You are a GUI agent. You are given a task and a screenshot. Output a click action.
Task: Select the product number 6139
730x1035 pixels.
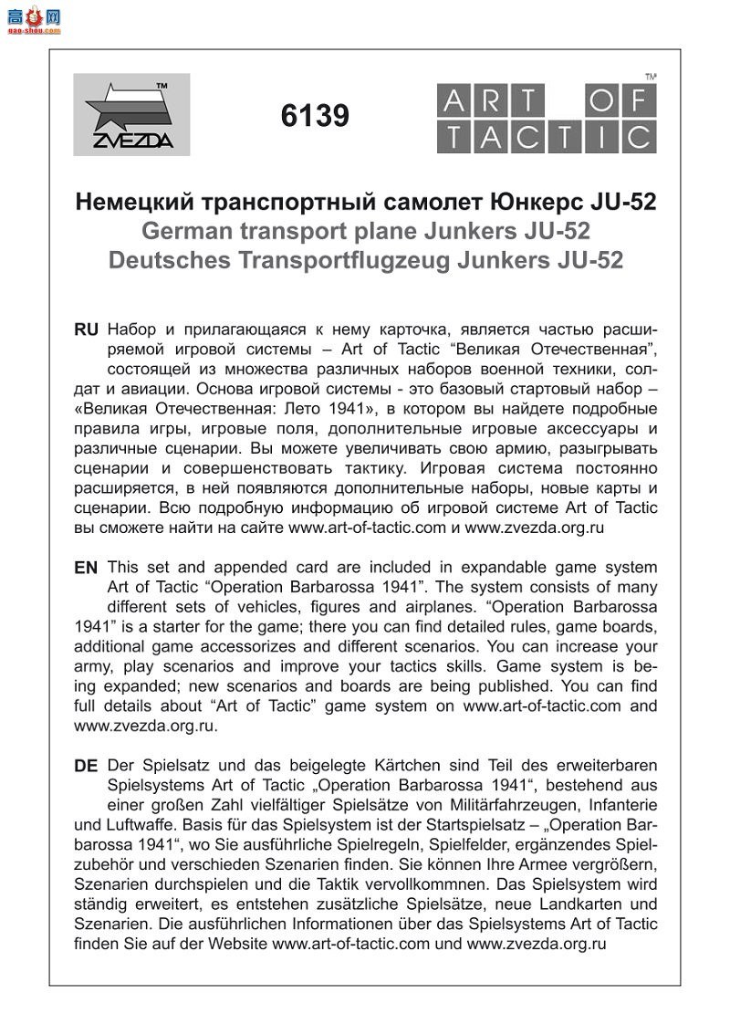coord(316,116)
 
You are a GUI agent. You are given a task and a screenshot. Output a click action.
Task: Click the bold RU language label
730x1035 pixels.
coord(86,329)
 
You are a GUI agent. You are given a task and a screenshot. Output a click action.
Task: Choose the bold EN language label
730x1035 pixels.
coord(86,568)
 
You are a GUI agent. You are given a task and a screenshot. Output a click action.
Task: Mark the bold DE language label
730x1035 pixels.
coord(86,767)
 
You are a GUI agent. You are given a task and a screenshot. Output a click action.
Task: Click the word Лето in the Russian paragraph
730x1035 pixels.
coord(368,409)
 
